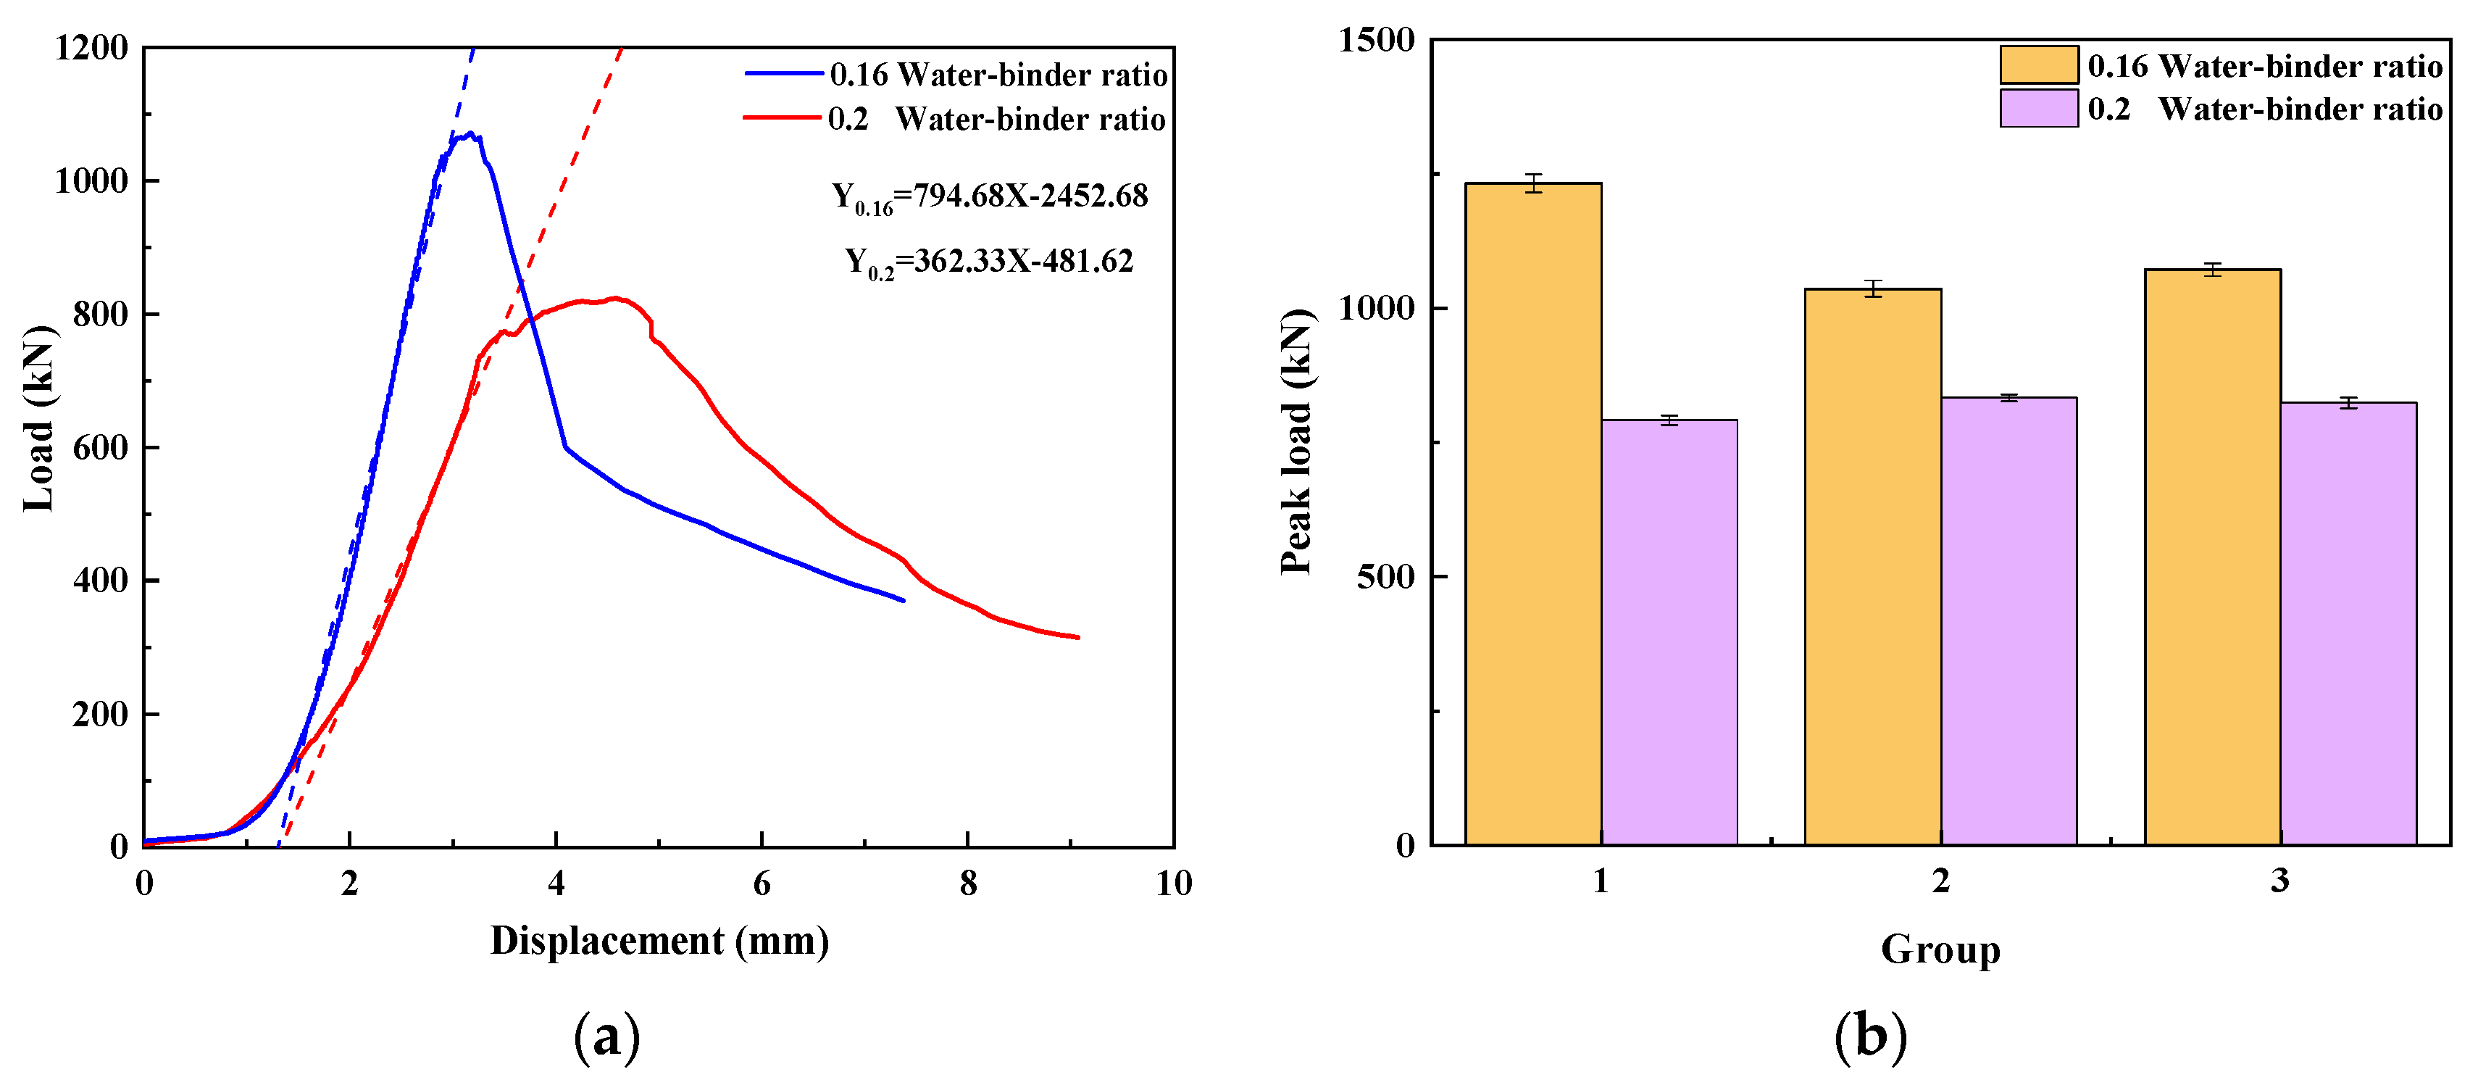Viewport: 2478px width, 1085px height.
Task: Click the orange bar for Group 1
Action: click(1532, 515)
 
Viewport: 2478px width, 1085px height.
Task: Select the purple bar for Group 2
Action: click(2008, 621)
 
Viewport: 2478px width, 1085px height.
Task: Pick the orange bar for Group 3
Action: click(2213, 558)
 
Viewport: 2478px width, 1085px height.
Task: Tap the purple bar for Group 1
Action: click(1669, 633)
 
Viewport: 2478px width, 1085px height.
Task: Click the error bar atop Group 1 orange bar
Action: click(1532, 183)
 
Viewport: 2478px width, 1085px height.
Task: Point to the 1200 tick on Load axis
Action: click(91, 47)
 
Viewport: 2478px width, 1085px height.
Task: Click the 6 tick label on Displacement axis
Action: click(762, 883)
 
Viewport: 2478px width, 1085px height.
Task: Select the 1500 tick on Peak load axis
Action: click(1377, 41)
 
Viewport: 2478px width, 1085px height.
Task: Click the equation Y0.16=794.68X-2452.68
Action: click(990, 197)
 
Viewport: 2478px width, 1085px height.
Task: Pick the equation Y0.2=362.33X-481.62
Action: click(990, 262)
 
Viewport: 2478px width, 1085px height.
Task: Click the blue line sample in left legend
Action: click(784, 74)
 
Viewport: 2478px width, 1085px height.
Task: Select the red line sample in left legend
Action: click(782, 118)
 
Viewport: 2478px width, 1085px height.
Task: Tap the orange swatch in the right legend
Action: click(2038, 65)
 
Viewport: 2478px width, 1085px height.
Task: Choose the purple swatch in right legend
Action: click(2038, 108)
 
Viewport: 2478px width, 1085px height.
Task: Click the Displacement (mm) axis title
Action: click(660, 941)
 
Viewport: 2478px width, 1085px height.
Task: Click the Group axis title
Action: click(1940, 950)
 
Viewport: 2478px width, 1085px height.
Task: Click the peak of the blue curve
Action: click(470, 133)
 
